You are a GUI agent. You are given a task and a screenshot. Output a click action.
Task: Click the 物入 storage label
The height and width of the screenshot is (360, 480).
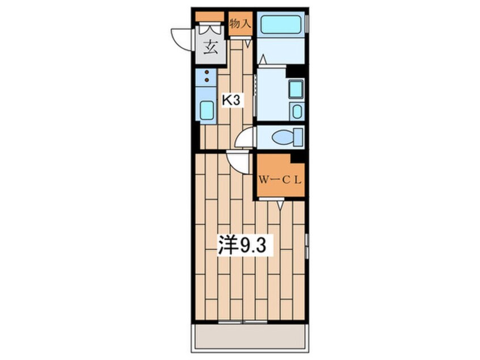[x=241, y=23]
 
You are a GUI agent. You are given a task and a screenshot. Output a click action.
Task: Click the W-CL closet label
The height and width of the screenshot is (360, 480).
[x=280, y=180]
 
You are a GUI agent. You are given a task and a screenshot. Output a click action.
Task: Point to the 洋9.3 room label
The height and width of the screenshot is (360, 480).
[x=242, y=245]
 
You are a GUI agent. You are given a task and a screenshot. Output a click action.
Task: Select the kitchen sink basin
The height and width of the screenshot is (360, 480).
[x=207, y=110]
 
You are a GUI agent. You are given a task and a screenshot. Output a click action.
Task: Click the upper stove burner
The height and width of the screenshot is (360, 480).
[x=207, y=72]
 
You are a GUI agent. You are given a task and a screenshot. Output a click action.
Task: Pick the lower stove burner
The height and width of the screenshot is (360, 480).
[x=207, y=80]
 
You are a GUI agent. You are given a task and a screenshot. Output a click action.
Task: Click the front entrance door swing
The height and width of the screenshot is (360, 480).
[x=182, y=39]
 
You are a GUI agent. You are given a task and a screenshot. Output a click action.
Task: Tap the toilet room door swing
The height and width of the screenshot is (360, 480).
[x=246, y=137]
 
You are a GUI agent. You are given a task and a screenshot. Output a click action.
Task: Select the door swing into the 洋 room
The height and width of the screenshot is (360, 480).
[x=238, y=162]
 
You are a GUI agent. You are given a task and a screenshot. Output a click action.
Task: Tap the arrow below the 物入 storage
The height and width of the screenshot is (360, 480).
[x=249, y=44]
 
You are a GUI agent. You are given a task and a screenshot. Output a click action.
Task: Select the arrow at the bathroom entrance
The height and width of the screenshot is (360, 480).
[x=263, y=59]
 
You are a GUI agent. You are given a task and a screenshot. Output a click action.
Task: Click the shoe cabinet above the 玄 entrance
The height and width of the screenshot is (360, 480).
[x=210, y=16]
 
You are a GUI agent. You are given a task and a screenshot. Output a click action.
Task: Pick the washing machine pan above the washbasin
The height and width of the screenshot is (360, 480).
[x=296, y=89]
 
